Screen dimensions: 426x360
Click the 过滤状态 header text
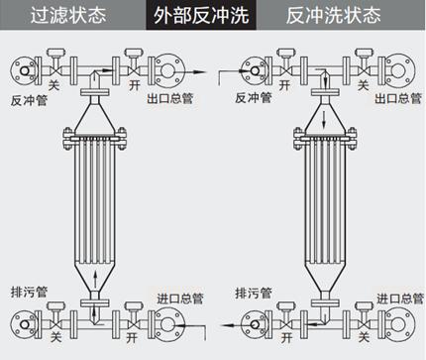[x=68, y=15]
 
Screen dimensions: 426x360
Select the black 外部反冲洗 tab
[x=201, y=15]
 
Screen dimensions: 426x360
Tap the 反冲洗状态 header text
[x=333, y=15]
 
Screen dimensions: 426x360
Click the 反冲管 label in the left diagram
[x=29, y=100]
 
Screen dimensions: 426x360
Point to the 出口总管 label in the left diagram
[x=169, y=98]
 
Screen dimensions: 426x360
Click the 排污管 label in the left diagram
[x=29, y=292]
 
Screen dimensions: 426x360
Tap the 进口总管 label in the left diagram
[x=180, y=299]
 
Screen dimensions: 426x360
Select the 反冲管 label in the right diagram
[x=254, y=97]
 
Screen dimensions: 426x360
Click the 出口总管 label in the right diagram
[x=398, y=98]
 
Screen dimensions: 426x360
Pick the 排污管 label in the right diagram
[x=254, y=293]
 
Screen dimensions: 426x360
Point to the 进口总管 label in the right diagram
[x=400, y=299]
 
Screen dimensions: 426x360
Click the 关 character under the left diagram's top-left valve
[x=53, y=85]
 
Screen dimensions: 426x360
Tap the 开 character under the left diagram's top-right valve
[x=135, y=85]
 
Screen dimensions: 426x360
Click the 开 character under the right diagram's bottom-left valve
[x=286, y=337]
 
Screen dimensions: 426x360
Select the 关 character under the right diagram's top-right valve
[x=363, y=85]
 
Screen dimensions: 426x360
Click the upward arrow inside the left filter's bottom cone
[x=95, y=280]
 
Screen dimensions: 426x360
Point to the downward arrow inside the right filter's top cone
[x=324, y=120]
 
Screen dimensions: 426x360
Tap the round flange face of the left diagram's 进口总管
[x=167, y=323]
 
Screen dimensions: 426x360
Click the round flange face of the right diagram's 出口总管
[x=398, y=70]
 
